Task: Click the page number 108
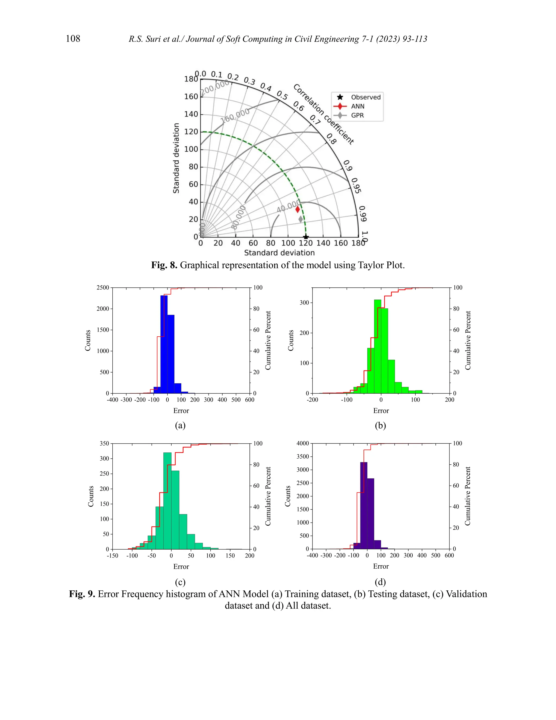73,39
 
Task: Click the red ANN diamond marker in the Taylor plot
298,209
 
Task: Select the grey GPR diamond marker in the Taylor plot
301,219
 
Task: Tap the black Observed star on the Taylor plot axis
306,237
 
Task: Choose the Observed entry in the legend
365,97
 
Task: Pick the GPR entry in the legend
357,115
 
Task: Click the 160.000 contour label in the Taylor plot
235,116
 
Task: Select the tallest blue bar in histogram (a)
164,344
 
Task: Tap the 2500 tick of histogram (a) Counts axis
103,288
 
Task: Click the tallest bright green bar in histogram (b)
377,346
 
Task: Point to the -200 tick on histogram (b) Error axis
312,400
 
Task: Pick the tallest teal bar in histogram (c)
167,500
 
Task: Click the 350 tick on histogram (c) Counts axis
105,444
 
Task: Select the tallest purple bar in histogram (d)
364,505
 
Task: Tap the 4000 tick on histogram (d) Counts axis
303,443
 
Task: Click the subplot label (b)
380,425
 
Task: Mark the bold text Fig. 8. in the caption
164,265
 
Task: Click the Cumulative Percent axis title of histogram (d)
468,496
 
